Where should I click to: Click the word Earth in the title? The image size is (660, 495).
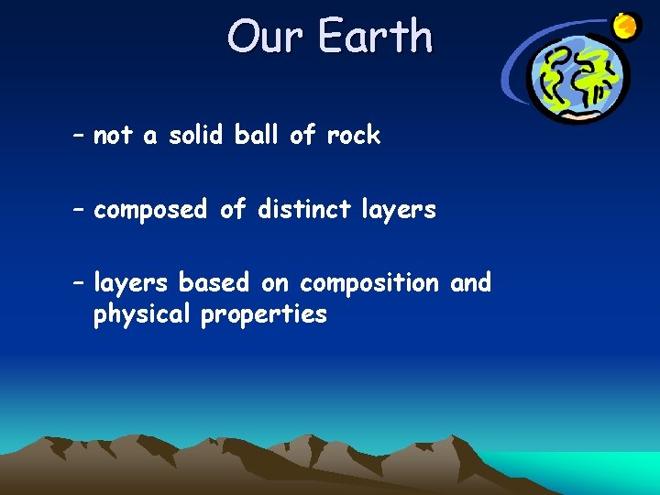375,37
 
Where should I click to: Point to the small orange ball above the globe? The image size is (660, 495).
626,27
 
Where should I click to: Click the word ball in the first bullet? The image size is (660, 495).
258,136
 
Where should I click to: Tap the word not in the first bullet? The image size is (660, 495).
113,136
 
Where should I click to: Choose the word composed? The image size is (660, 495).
150,210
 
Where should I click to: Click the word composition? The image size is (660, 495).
369,283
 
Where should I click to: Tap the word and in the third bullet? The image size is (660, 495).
470,282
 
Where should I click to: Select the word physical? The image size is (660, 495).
143,314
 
